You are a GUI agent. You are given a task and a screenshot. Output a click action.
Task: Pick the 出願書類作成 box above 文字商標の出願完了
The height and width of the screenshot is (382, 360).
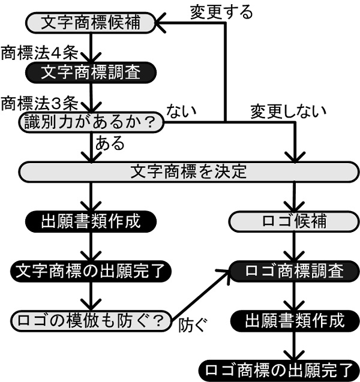coord(91,221)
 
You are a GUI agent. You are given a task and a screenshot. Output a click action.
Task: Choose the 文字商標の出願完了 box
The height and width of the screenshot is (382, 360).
coord(91,269)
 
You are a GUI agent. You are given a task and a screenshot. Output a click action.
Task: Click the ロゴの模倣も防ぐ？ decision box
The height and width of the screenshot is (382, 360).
coord(91,320)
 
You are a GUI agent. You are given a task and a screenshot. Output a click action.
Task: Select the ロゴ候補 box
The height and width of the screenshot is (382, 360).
coord(295,221)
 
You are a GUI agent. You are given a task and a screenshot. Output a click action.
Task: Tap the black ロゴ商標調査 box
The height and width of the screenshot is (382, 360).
coord(295,270)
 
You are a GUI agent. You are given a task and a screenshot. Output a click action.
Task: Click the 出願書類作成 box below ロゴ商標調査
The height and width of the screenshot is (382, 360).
coord(295,320)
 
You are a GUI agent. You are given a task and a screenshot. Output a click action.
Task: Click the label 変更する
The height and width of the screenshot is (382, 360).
coord(221,10)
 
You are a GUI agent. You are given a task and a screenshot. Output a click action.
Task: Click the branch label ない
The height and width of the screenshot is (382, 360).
coord(182,111)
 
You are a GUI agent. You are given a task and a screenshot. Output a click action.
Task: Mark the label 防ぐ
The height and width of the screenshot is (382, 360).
coord(192,327)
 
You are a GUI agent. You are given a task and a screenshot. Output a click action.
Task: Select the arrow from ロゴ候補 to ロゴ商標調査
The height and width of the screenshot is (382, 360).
coord(295,246)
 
